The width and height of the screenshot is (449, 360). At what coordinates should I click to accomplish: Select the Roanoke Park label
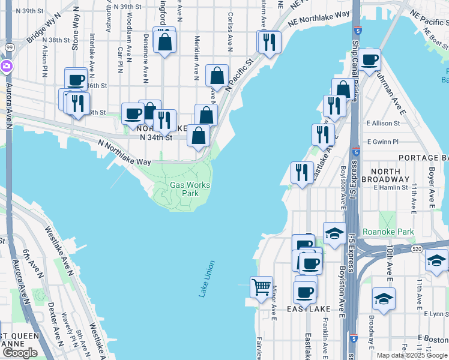(x=396, y=231)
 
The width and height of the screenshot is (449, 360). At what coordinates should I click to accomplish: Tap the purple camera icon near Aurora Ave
(x=6, y=66)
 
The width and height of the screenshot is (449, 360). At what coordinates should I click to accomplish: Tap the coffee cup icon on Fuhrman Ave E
(x=370, y=59)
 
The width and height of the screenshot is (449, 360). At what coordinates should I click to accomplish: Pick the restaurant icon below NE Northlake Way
(x=269, y=41)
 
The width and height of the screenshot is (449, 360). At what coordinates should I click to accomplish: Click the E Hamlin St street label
(x=391, y=187)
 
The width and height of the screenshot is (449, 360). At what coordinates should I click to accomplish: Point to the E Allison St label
(x=383, y=123)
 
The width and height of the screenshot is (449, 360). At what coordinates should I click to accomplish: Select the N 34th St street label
(x=155, y=137)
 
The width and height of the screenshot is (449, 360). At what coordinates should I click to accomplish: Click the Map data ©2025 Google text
(x=411, y=355)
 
